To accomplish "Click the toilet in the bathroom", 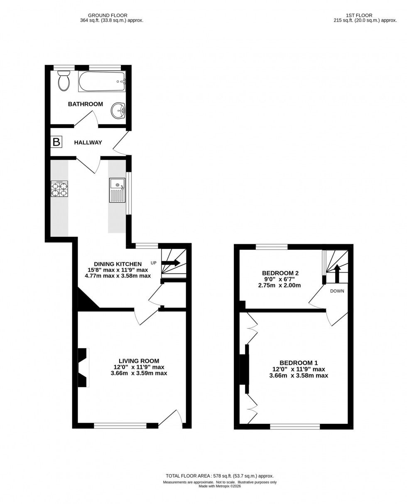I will (x=64, y=81).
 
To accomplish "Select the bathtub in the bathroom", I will (x=101, y=81).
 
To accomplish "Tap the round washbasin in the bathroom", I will (x=118, y=111).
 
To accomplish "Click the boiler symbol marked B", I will (x=56, y=142).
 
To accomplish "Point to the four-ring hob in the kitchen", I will (x=59, y=189).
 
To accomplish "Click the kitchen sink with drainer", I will (x=117, y=190).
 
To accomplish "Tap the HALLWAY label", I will (x=88, y=143).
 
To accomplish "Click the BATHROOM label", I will (x=86, y=104).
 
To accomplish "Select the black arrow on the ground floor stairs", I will (x=171, y=263).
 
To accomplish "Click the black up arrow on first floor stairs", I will (x=337, y=273).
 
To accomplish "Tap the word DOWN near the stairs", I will (x=337, y=291).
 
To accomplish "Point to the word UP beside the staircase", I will (x=154, y=263).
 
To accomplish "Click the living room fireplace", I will (x=83, y=368).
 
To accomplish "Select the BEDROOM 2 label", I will (x=280, y=273).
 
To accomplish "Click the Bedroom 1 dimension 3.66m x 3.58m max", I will (x=299, y=376).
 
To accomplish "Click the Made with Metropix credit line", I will (x=220, y=486).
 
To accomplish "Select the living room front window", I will (x=120, y=425).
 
